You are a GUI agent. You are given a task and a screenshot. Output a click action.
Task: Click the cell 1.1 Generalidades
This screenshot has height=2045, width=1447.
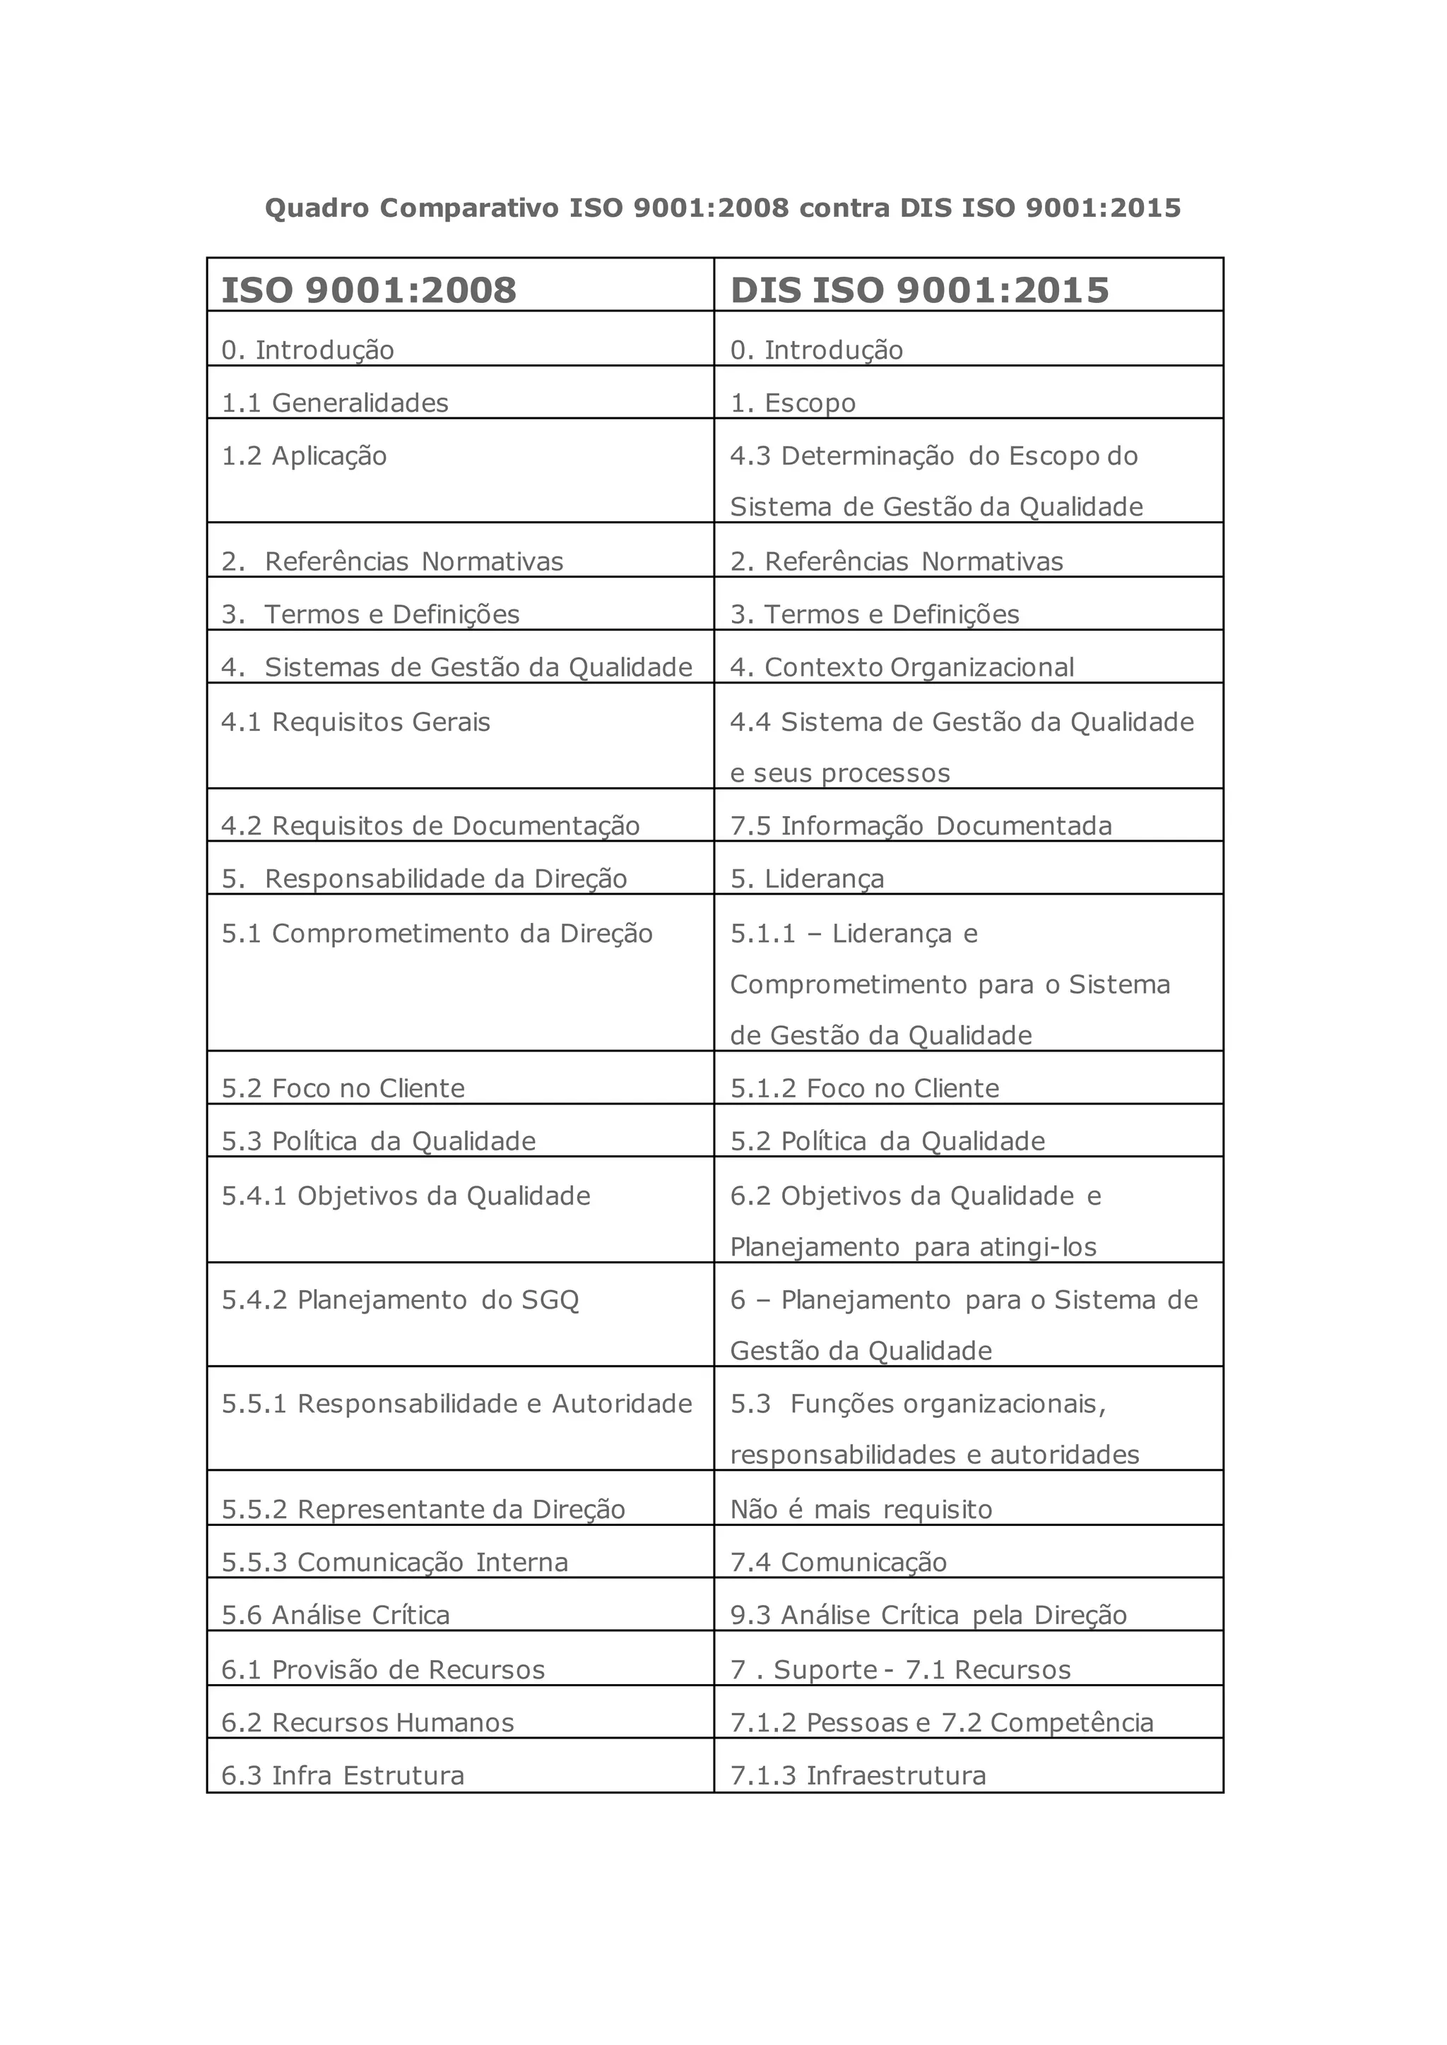pos(335,403)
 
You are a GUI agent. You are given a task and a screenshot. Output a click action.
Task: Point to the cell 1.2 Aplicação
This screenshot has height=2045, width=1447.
pos(305,456)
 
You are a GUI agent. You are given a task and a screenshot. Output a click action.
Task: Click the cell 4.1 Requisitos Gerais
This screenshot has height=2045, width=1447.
pos(356,722)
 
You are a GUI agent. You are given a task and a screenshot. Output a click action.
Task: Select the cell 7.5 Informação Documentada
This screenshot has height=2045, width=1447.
pos(921,825)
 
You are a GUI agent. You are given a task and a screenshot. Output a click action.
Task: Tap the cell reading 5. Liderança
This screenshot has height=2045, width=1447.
pos(808,879)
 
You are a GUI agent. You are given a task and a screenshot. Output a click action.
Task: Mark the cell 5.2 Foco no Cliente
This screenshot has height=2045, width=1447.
pos(343,1088)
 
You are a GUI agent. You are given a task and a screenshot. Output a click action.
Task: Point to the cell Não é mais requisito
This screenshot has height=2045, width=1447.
pos(861,1509)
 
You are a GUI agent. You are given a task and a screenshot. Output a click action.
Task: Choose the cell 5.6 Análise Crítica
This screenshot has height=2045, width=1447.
pos(336,1615)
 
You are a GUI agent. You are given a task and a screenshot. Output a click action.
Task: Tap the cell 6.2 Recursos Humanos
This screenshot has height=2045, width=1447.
pos(368,1722)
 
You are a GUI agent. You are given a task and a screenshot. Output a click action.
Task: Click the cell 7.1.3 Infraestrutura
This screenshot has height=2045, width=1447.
pos(858,1775)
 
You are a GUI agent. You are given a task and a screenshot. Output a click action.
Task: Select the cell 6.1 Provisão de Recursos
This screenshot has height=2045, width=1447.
pos(383,1669)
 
